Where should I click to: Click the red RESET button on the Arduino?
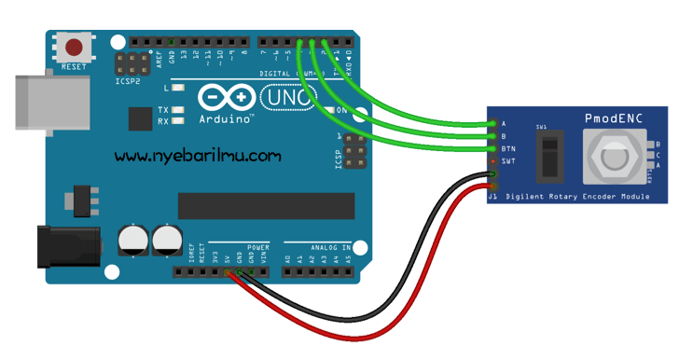tap(73, 47)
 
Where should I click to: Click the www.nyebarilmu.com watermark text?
tap(198, 156)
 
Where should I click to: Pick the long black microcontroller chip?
tap(266, 206)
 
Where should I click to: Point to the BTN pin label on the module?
tap(508, 149)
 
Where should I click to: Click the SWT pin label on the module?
tap(508, 161)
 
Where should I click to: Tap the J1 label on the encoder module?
tap(492, 197)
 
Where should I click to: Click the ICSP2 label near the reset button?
tap(127, 81)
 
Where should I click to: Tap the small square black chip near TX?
tap(140, 118)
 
